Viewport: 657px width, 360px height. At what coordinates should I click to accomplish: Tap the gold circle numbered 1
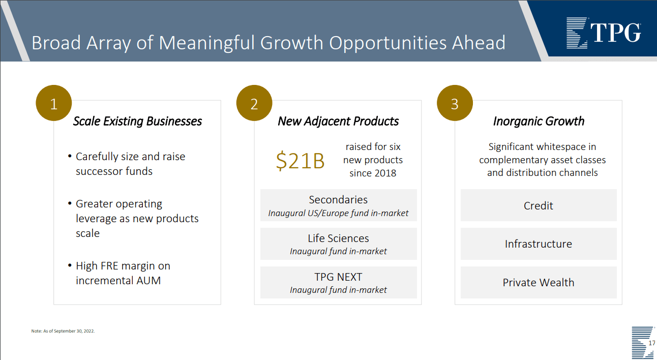[53, 104]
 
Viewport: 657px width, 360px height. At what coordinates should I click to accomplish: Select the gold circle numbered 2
[254, 104]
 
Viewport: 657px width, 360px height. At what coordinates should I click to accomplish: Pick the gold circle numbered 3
[455, 104]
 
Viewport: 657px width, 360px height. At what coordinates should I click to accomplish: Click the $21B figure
[300, 161]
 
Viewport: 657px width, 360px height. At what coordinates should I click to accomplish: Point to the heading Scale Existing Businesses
[137, 121]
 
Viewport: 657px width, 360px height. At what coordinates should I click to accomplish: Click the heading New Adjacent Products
[338, 121]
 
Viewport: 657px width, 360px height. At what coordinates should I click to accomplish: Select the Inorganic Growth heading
[539, 121]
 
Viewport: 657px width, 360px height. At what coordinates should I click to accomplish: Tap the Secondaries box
[338, 205]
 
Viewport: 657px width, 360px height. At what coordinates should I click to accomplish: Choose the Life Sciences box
[338, 244]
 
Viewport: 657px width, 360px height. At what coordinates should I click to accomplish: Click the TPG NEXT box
[338, 283]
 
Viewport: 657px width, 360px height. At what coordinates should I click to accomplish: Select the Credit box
[539, 205]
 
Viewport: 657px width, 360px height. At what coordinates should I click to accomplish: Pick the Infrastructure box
[539, 244]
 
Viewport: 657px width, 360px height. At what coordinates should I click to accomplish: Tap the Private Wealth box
[539, 283]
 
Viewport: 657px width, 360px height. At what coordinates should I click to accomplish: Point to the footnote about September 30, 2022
[63, 331]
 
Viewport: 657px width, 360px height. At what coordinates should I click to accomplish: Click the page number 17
[652, 344]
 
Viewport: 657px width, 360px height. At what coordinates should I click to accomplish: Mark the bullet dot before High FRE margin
[70, 265]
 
